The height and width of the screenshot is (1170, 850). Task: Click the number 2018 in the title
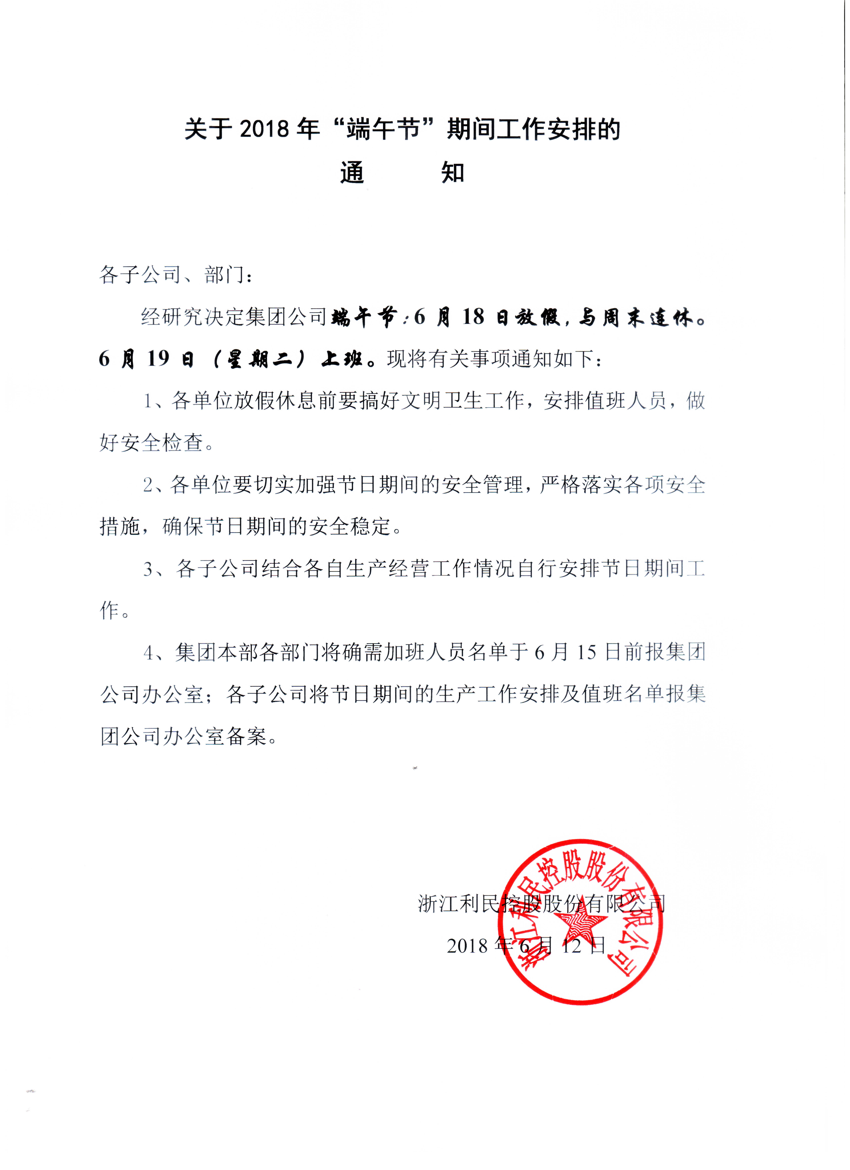click(x=264, y=129)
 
